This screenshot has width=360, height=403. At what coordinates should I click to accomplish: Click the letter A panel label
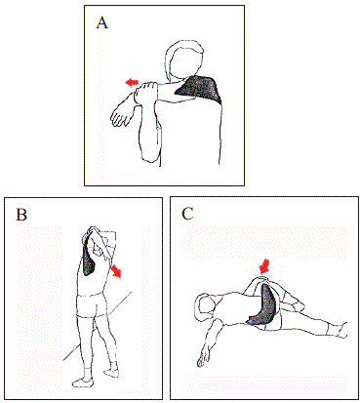pyautogui.click(x=102, y=22)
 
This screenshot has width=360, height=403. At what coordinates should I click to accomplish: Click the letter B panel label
pyautogui.click(x=21, y=215)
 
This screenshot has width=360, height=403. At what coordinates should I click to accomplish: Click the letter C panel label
pyautogui.click(x=188, y=214)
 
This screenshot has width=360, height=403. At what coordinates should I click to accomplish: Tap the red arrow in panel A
pyautogui.click(x=132, y=82)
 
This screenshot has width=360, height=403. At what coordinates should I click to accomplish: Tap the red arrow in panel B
pyautogui.click(x=116, y=271)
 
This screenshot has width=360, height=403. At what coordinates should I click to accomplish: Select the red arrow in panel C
pyautogui.click(x=265, y=266)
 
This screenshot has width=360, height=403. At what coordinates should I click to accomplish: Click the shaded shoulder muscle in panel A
pyautogui.click(x=199, y=89)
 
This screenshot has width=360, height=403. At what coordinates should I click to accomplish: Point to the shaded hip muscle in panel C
pyautogui.click(x=263, y=305)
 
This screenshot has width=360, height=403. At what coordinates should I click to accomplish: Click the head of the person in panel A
pyautogui.click(x=184, y=60)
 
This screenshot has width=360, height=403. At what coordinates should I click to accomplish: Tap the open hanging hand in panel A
pyautogui.click(x=121, y=114)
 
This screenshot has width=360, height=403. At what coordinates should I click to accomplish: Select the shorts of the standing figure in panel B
pyautogui.click(x=92, y=304)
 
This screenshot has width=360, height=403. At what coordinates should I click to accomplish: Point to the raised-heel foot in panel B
pyautogui.click(x=111, y=369)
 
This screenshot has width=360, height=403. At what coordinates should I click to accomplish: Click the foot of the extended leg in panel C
pyautogui.click(x=342, y=330)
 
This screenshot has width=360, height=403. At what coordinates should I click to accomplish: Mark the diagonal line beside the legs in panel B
pyautogui.click(x=98, y=326)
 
